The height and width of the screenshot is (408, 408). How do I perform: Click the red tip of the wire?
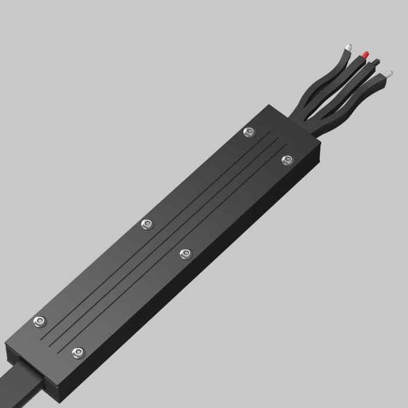365,54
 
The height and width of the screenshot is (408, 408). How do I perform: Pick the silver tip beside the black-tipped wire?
388,74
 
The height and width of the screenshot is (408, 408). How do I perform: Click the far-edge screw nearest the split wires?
249,133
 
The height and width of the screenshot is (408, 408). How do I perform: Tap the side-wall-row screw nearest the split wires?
286,160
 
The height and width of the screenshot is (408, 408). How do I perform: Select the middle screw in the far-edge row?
147,224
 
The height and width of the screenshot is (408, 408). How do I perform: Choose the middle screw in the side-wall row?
185,253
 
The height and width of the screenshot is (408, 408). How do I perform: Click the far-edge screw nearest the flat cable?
40,321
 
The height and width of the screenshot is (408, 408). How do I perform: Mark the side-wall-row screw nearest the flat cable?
78,353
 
